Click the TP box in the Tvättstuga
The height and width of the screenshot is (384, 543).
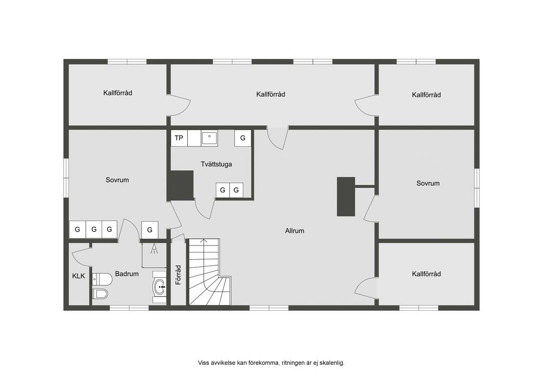(x=179, y=138)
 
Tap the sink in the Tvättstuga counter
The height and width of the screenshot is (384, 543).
(x=209, y=138)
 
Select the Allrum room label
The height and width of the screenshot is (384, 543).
(x=295, y=231)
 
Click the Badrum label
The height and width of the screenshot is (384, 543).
(x=127, y=274)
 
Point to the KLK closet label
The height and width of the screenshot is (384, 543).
(x=78, y=276)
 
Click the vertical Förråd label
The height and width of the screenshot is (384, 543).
(x=178, y=275)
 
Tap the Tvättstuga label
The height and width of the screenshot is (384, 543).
(x=216, y=164)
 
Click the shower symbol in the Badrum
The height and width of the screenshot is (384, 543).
(x=154, y=249)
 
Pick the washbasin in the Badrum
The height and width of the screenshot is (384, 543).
(x=160, y=287)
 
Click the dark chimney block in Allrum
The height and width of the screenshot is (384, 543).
(x=346, y=197)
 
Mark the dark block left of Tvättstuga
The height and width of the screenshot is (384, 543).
(x=180, y=185)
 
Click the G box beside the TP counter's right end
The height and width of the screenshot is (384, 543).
(x=243, y=138)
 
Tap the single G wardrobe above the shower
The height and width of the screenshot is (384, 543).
(x=150, y=230)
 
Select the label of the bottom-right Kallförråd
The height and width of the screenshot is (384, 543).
(x=426, y=274)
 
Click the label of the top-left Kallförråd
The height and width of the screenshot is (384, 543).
(x=118, y=93)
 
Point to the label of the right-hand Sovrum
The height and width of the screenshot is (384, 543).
(x=428, y=183)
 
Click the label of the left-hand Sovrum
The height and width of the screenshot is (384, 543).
(x=117, y=180)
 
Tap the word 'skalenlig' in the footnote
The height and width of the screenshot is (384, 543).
(x=332, y=363)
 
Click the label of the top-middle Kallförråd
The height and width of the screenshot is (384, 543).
(x=271, y=94)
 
